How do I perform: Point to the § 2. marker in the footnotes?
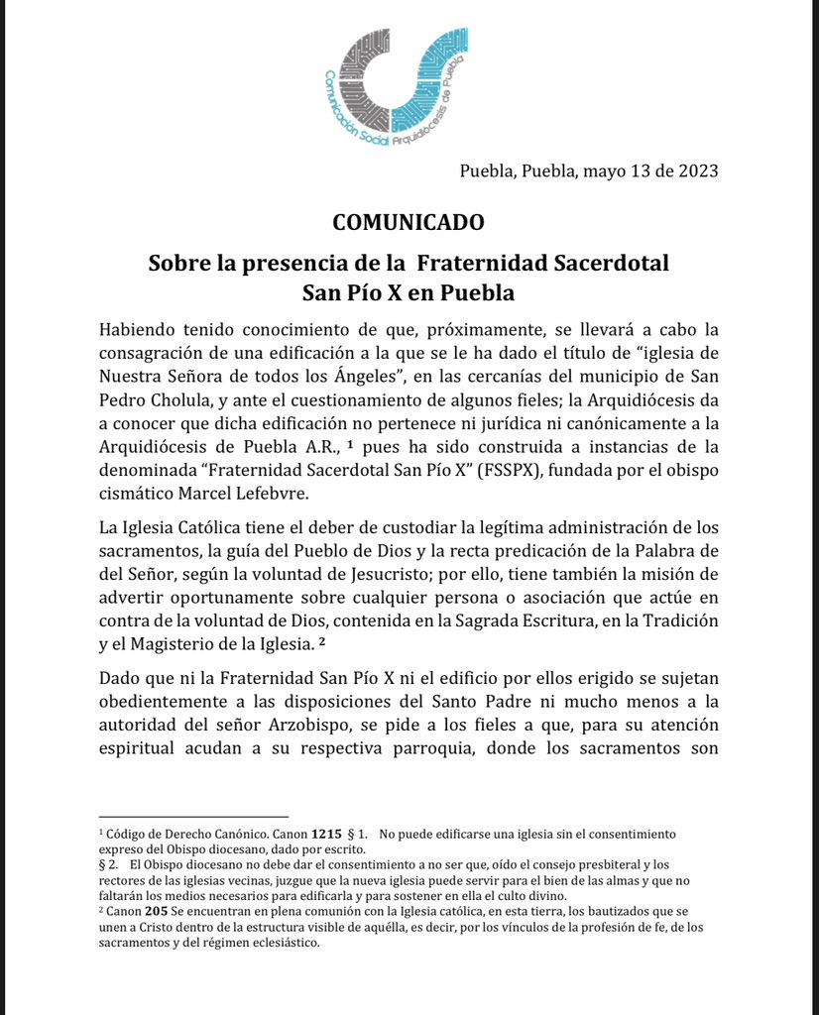(111, 864)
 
